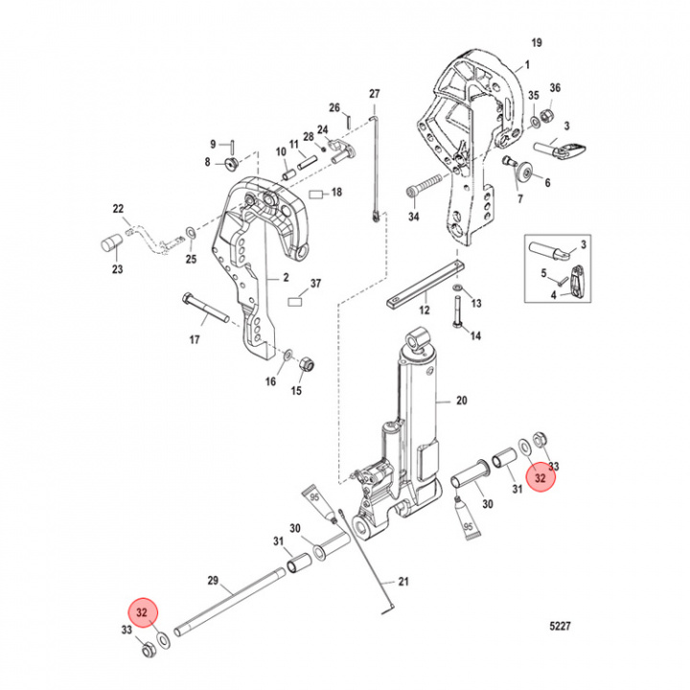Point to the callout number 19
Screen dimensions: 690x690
tap(537, 42)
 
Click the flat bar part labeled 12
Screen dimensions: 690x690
tap(425, 287)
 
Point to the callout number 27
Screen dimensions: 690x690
tap(375, 93)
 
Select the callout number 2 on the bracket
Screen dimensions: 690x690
tap(284, 277)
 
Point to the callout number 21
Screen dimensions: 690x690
tap(402, 582)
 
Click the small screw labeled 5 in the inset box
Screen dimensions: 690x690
tap(562, 278)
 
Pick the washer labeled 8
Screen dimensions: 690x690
tap(231, 163)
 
